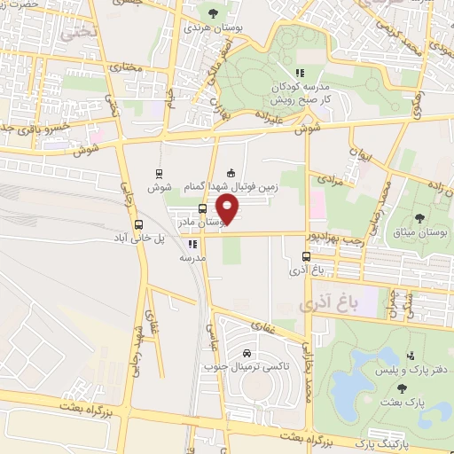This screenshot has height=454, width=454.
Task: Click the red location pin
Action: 229,209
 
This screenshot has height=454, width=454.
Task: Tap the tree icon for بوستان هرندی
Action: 213,12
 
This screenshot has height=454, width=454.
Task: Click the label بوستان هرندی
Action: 212,28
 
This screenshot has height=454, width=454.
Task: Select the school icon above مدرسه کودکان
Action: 299,73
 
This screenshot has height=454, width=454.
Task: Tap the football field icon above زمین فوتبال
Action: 231,172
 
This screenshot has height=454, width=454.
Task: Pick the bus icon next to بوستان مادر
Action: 203,208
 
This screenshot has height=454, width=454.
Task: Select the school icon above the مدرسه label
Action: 192,242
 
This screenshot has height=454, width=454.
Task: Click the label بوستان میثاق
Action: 422,231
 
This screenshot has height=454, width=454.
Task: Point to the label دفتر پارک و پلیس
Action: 411,365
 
